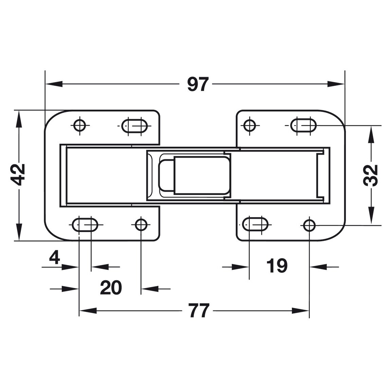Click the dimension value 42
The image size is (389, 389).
click(x=20, y=175)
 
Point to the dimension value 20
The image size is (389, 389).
click(x=111, y=288)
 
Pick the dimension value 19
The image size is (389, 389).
click(x=277, y=266)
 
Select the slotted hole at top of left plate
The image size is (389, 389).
click(x=135, y=125)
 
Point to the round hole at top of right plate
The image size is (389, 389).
click(x=250, y=125)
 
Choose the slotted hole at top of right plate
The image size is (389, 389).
click(x=304, y=125)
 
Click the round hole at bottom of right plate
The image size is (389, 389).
click(x=309, y=224)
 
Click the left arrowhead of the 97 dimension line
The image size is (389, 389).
click(x=53, y=84)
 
